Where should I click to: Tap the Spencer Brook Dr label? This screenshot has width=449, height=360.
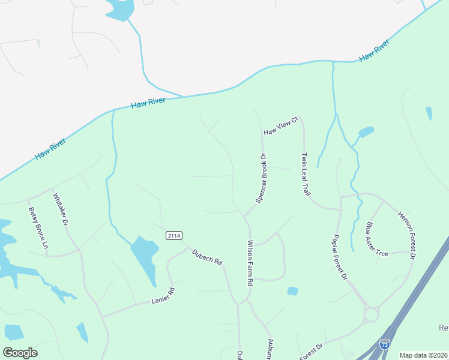[261, 178]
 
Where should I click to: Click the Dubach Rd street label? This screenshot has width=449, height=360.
[207, 257]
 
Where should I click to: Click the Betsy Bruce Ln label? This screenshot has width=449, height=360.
[38, 228]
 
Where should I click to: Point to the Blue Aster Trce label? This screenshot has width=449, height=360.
[377, 239]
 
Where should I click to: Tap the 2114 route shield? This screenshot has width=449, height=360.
[174, 235]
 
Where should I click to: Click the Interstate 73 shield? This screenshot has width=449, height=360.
[385, 344]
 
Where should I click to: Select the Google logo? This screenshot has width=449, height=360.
[20, 352]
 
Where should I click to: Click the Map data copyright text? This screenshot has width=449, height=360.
[424, 355]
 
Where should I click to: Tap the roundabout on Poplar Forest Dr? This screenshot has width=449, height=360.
[372, 314]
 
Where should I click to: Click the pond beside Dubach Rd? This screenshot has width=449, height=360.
[144, 258]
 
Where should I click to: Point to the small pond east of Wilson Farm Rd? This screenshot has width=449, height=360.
[292, 291]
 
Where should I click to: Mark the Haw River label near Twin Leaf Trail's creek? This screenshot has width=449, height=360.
[374, 50]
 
